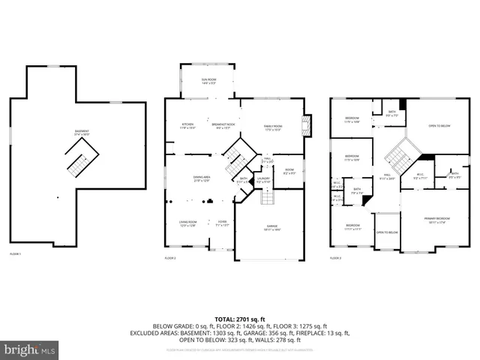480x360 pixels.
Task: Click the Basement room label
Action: (81, 132)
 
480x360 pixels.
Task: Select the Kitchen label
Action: (187, 126)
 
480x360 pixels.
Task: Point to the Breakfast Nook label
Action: (223, 126)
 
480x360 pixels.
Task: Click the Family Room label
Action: (272, 127)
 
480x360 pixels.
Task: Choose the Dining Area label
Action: (202, 178)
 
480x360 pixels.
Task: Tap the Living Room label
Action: (187, 223)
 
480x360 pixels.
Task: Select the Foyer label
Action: (222, 223)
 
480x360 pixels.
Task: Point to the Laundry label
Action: (263, 180)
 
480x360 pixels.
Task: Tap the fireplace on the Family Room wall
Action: (306, 125)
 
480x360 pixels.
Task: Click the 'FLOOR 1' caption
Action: (16, 256)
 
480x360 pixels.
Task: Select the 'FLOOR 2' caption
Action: (170, 258)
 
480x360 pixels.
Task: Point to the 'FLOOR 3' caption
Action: (335, 258)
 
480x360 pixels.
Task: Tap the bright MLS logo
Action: (30, 350)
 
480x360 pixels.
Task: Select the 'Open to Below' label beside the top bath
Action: (439, 126)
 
